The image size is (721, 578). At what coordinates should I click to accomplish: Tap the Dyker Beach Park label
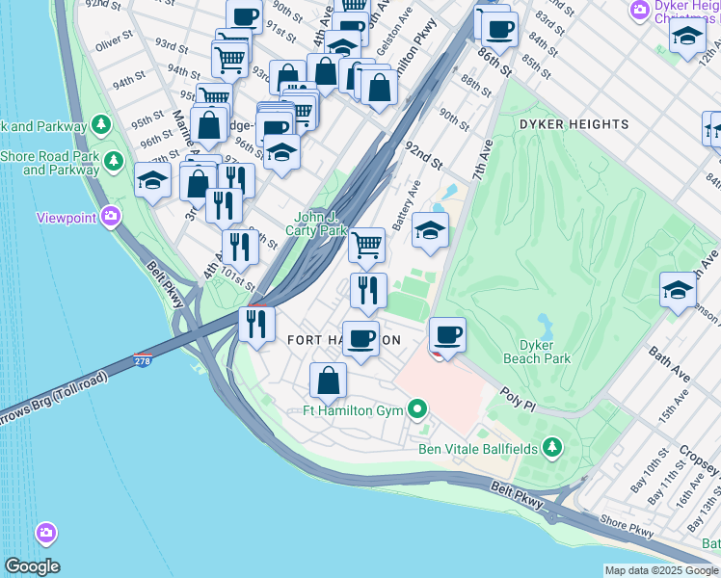click(x=545, y=352)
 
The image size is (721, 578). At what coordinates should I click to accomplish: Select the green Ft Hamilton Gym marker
click(x=417, y=410)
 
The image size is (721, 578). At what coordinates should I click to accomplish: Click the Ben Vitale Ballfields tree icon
click(x=551, y=447)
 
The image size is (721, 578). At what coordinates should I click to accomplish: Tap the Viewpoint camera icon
click(x=111, y=217)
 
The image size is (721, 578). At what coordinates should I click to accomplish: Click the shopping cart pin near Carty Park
click(x=366, y=245)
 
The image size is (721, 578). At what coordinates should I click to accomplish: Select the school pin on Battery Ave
click(x=430, y=229)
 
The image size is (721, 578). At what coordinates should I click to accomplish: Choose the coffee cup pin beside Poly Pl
click(x=447, y=335)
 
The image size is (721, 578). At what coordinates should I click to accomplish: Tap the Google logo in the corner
click(x=32, y=566)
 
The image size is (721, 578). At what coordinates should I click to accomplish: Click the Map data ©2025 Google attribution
click(x=660, y=570)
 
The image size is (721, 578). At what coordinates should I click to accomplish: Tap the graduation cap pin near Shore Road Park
click(x=152, y=180)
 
